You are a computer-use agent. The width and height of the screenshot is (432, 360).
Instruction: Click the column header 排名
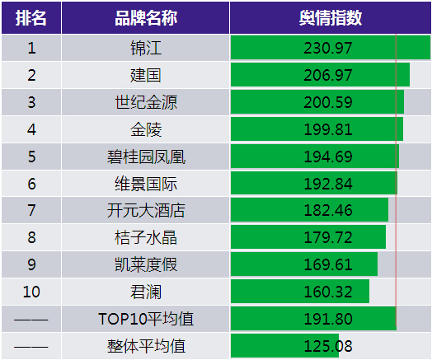point(31,18)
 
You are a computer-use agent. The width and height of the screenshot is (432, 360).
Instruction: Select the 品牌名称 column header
point(146,18)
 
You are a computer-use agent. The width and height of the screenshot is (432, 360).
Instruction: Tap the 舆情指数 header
point(331,18)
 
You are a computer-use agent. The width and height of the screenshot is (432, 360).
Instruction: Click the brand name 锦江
point(146,48)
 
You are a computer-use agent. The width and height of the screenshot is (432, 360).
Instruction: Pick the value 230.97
point(328,48)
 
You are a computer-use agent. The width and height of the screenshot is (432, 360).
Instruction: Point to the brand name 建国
point(146,75)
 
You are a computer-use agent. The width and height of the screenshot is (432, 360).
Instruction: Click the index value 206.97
point(328,75)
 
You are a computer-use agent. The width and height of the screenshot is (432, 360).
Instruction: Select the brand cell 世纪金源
point(146,102)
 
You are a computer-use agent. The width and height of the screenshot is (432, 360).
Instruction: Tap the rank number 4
point(31,129)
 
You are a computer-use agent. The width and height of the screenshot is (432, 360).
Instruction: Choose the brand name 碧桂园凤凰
point(146,157)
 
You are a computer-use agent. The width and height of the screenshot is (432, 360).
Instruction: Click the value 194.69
point(328,157)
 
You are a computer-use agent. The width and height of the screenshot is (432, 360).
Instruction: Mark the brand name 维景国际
point(146,184)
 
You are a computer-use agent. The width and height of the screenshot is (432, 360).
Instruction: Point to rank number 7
point(31,210)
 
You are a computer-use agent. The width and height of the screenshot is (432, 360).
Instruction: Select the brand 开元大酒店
point(146,210)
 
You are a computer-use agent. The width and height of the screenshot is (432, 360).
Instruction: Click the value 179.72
point(328,237)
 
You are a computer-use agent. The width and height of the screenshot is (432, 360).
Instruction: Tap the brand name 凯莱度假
point(146,264)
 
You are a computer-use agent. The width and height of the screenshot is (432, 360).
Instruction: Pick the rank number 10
point(31,292)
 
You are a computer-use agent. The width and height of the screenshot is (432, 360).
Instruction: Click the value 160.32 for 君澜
point(328,292)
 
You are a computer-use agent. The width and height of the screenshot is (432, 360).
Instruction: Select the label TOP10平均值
point(146,319)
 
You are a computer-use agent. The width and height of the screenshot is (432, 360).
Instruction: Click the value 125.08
point(328,346)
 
